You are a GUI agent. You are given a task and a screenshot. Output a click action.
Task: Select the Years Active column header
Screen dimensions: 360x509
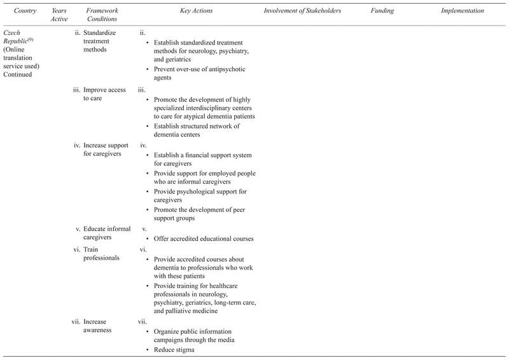click(x=59, y=15)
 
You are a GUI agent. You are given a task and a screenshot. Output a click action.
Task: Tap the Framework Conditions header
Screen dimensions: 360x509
click(x=102, y=15)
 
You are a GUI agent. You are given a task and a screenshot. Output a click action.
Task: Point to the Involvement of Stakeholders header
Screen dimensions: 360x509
click(x=303, y=11)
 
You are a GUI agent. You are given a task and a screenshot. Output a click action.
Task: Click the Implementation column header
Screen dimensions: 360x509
click(x=463, y=11)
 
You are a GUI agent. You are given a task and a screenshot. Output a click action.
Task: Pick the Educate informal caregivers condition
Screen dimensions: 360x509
click(x=107, y=233)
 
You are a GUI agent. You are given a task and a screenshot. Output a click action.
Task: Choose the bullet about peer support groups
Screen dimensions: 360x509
click(x=200, y=214)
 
